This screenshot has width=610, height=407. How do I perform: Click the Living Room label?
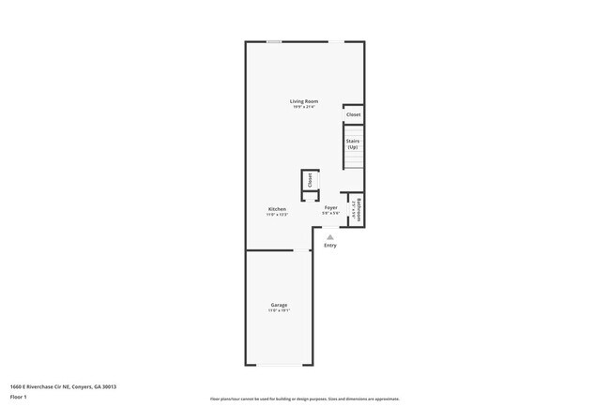pos(303,100)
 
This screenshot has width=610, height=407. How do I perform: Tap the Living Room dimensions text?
pos(303,107)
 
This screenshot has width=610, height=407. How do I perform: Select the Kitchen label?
pos(277,208)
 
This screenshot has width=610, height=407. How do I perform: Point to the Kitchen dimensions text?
pos(277,215)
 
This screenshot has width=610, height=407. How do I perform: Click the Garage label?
pos(279,305)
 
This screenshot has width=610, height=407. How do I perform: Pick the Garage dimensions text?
pos(279,311)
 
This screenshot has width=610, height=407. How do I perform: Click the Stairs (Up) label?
pos(353,144)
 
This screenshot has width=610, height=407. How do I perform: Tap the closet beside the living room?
pos(353,114)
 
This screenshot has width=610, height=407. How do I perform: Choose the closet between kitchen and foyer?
pos(310,181)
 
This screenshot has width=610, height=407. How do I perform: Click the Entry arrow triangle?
pos(329,238)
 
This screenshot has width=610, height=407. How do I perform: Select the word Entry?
pos(329,246)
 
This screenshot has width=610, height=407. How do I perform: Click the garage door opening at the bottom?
pos(279,365)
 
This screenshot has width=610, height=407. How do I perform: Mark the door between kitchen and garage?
pos(302,249)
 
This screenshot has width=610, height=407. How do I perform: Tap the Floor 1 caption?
pos(19,397)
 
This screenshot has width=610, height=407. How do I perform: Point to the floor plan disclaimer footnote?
pos(304,398)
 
